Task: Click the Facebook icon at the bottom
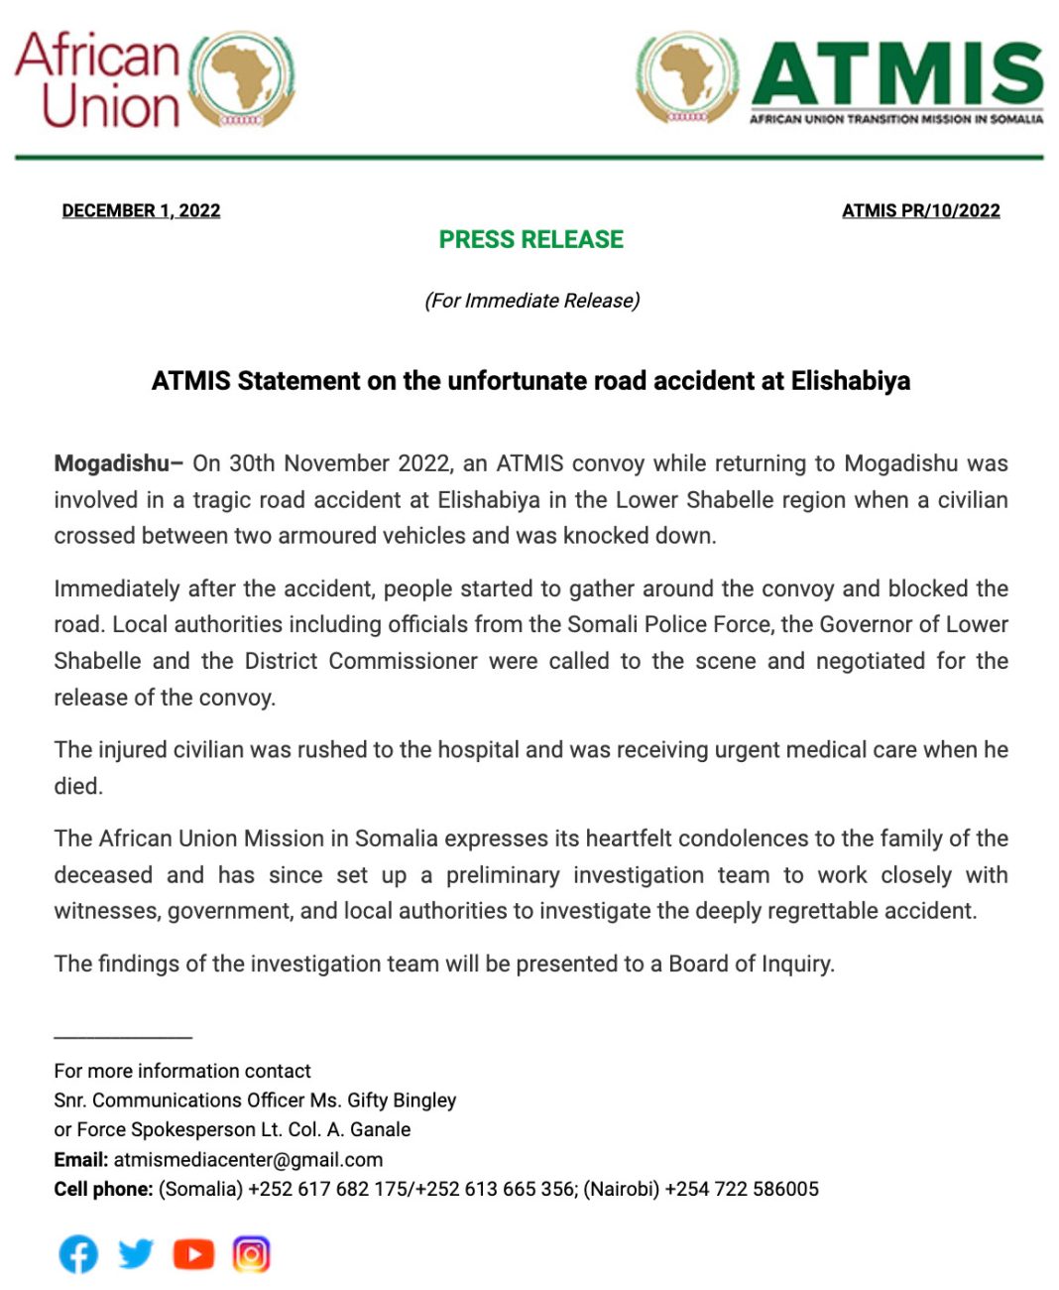point(78,1254)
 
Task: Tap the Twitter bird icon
point(136,1253)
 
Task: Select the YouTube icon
point(193,1254)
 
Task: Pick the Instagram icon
point(251,1254)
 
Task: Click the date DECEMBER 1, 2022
point(141,210)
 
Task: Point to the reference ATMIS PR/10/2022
point(920,210)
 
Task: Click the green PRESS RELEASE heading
point(530,240)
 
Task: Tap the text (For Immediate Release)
point(531,301)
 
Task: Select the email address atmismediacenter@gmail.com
point(248,1159)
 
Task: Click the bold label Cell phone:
point(103,1189)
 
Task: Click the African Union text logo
point(97,79)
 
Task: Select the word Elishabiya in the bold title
point(850,381)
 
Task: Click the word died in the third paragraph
point(77,786)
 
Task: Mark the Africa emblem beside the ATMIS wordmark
point(688,77)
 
